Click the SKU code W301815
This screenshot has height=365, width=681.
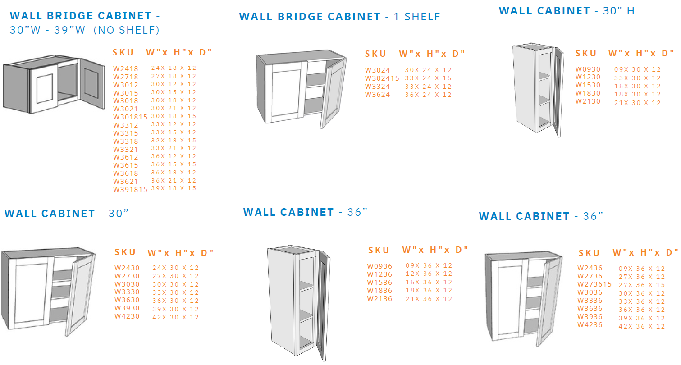pos(130,117)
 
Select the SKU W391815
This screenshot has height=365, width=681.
pos(130,190)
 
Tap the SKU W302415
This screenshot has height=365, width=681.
pos(382,78)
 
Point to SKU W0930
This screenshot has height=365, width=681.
pos(588,69)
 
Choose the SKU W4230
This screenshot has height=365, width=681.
pos(127,316)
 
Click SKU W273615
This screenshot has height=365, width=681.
pos(594,284)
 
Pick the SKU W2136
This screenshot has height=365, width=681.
pos(379,299)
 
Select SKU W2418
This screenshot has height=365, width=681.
pos(126,69)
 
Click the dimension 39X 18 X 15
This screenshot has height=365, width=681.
pos(174,188)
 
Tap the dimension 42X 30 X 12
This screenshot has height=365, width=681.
pos(175,317)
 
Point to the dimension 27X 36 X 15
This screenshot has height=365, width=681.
pos(641,285)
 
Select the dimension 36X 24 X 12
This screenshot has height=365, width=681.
pos(428,95)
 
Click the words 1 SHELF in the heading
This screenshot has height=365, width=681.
pos(417,17)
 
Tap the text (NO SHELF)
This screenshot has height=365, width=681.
pos(126,30)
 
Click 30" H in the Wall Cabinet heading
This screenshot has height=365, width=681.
pos(619,11)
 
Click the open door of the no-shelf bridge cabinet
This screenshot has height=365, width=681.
pos(92,83)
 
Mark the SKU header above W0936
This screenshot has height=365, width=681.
pos(379,251)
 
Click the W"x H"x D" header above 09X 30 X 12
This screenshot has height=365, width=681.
pos(641,54)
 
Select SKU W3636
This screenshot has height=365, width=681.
pos(590,309)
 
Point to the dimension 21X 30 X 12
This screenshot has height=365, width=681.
pos(637,103)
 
